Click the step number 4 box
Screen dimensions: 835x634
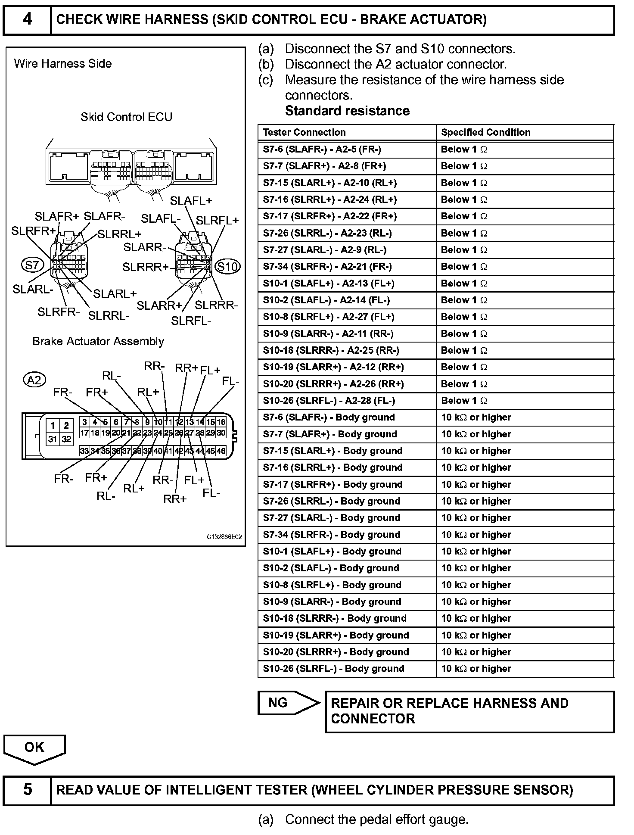click(x=27, y=20)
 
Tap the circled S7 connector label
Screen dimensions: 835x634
click(x=32, y=265)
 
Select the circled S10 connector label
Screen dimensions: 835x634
click(x=227, y=267)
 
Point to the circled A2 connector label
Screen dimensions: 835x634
click(x=34, y=380)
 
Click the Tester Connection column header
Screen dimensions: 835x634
click(x=304, y=132)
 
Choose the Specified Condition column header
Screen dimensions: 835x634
click(x=485, y=132)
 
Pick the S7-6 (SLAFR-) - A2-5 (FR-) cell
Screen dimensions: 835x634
click(x=322, y=150)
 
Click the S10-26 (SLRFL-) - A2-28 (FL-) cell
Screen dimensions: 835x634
click(x=329, y=401)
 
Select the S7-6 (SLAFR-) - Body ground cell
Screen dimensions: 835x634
click(x=329, y=417)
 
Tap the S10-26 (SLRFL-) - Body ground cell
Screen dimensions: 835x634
click(x=333, y=669)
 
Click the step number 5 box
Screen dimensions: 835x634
click(x=27, y=790)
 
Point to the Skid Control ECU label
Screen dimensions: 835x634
click(x=126, y=117)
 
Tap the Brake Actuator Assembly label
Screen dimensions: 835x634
click(x=98, y=342)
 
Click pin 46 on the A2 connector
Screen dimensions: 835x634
click(x=221, y=451)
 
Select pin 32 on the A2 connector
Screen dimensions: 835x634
click(x=66, y=439)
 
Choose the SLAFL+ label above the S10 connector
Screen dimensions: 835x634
click(x=191, y=201)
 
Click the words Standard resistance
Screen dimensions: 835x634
click(x=347, y=111)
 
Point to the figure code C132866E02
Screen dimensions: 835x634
click(x=224, y=537)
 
